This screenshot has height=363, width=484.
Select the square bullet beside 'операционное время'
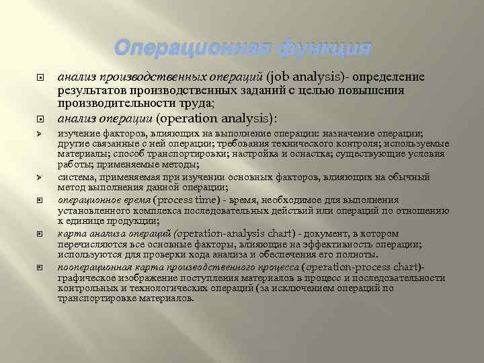click(40, 200)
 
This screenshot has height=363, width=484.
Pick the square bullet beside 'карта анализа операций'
click(40, 234)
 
